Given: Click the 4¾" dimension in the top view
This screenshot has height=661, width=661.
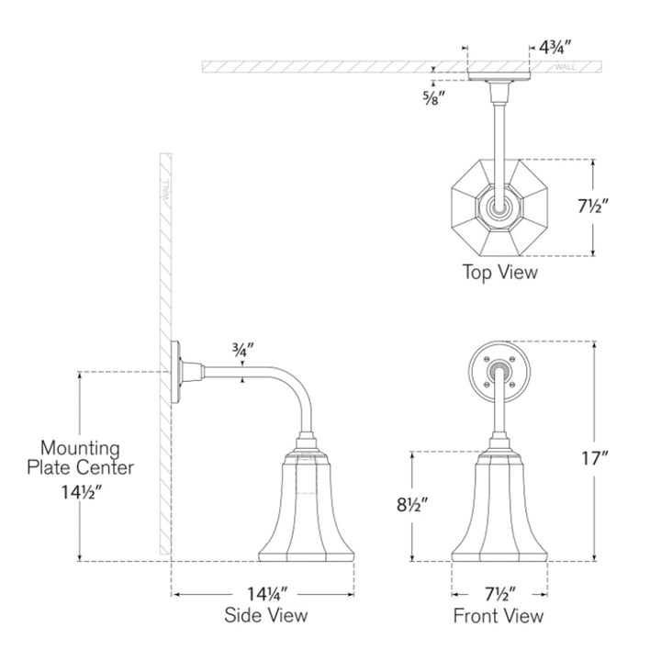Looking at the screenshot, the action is pyautogui.click(x=555, y=47).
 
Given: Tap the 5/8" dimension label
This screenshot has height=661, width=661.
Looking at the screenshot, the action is pyautogui.click(x=434, y=98).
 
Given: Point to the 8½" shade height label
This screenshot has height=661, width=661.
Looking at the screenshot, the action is pyautogui.click(x=412, y=504).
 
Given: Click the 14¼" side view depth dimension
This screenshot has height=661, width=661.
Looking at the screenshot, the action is pyautogui.click(x=267, y=594).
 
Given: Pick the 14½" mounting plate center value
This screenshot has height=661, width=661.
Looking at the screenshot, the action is pyautogui.click(x=81, y=492).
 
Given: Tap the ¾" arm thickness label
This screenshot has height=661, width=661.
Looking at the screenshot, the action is pyautogui.click(x=242, y=351).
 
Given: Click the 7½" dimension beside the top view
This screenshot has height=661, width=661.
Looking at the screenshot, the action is pyautogui.click(x=593, y=207).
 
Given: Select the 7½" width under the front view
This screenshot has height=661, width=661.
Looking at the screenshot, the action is pyautogui.click(x=500, y=594).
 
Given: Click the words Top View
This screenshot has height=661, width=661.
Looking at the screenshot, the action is pyautogui.click(x=500, y=272).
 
